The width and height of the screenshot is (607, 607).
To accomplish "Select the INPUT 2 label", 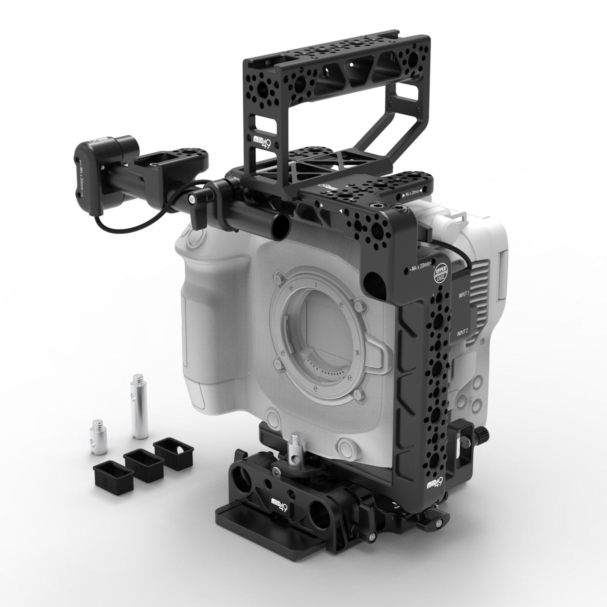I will tap(462, 332).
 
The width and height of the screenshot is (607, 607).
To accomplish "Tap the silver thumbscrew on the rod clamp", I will tap(192, 200).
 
